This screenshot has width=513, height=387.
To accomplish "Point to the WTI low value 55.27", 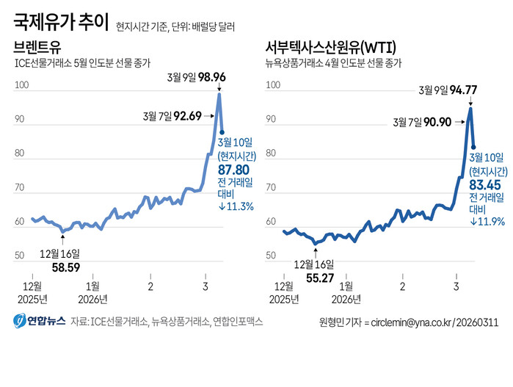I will point(320,278).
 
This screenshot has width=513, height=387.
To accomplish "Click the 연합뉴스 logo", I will point(40,321).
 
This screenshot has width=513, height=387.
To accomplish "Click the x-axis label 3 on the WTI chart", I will point(456,286).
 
